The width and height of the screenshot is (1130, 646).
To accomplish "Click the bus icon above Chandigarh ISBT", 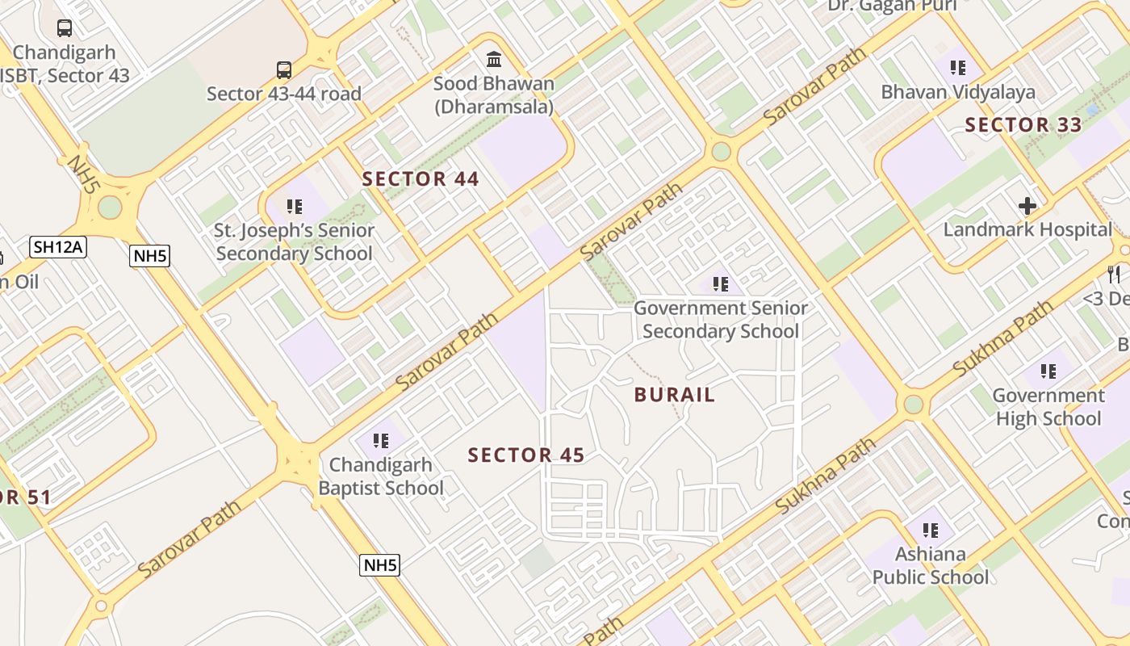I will click(x=65, y=28).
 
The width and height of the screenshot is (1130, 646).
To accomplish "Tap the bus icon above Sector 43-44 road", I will click(x=283, y=69).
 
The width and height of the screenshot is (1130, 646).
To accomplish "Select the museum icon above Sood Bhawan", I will click(x=493, y=59).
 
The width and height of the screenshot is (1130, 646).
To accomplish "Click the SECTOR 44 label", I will click(x=421, y=179).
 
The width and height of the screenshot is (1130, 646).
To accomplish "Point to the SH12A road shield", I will click(x=57, y=246).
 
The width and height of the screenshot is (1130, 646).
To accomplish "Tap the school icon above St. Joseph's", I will click(x=294, y=207).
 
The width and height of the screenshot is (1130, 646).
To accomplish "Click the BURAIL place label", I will click(x=675, y=395).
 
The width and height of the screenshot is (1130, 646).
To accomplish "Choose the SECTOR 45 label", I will click(x=526, y=455).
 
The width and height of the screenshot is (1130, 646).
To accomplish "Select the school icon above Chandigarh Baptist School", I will click(x=381, y=441).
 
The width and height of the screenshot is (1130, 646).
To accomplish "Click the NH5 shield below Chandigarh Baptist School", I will click(x=379, y=564).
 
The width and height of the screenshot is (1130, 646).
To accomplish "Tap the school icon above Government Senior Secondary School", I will click(x=720, y=284).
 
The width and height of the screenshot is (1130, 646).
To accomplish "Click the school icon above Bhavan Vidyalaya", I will click(x=958, y=68).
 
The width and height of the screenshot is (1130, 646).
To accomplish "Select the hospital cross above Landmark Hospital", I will click(x=1027, y=206).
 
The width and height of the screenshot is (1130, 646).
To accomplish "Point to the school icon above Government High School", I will click(x=1048, y=371).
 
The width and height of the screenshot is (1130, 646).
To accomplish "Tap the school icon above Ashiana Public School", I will click(x=930, y=531).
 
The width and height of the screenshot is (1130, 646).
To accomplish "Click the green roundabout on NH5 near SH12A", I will click(x=110, y=208).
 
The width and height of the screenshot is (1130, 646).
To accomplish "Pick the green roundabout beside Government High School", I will click(x=914, y=404).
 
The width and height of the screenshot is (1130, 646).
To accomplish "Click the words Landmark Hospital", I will click(x=1027, y=229).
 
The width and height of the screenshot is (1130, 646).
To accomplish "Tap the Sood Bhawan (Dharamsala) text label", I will click(x=494, y=94).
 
